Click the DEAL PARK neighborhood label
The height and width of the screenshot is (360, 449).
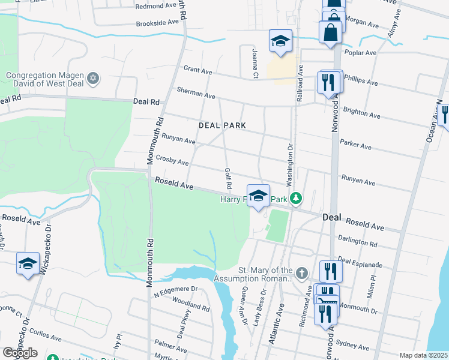223,125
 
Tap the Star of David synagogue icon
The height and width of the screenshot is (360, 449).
92,78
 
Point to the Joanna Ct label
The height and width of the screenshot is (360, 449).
255,64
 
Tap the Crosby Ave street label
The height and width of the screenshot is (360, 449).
172,160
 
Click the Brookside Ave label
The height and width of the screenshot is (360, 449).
158,22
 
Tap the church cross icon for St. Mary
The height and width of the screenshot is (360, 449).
301,273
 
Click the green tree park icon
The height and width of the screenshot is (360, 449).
295,198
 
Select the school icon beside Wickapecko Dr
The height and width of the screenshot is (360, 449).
27,263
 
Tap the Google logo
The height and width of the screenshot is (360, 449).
20,352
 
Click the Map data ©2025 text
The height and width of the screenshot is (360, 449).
423,355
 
